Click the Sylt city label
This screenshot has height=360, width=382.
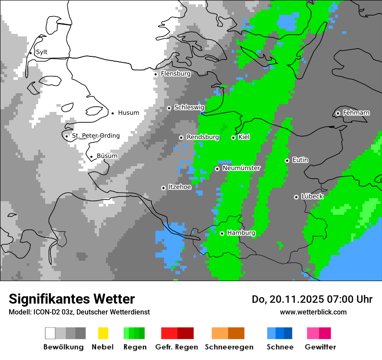pyautogui.click(x=42, y=52)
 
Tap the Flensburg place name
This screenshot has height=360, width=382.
pyautogui.click(x=175, y=74)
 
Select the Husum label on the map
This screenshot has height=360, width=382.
pyautogui.click(x=128, y=113)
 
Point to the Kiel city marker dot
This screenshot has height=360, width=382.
pyautogui.click(x=233, y=137)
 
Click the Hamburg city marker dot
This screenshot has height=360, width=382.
pyautogui.click(x=222, y=233)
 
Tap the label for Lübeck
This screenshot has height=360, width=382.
pyautogui.click(x=312, y=196)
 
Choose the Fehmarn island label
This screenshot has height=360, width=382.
pyautogui.click(x=356, y=113)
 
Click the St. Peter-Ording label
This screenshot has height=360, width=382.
pyautogui.click(x=95, y=136)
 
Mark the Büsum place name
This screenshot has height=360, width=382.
pyautogui.click(x=107, y=156)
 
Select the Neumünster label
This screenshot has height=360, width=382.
pyautogui.click(x=241, y=168)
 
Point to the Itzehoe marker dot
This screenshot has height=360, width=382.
pyautogui.click(x=163, y=188)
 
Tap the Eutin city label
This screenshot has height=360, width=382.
pyautogui.click(x=300, y=160)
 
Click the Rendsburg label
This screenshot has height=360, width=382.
pyautogui.click(x=203, y=137)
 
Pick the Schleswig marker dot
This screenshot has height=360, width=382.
pyautogui.click(x=169, y=108)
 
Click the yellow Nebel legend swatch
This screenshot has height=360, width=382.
pyautogui.click(x=103, y=333)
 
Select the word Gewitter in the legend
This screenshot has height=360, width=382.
pyautogui.click(x=320, y=347)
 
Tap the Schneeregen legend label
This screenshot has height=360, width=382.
pyautogui.click(x=229, y=347)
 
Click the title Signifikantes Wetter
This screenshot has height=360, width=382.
pyautogui.click(x=72, y=299)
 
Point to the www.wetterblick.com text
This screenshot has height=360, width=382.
pyautogui.click(x=313, y=312)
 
